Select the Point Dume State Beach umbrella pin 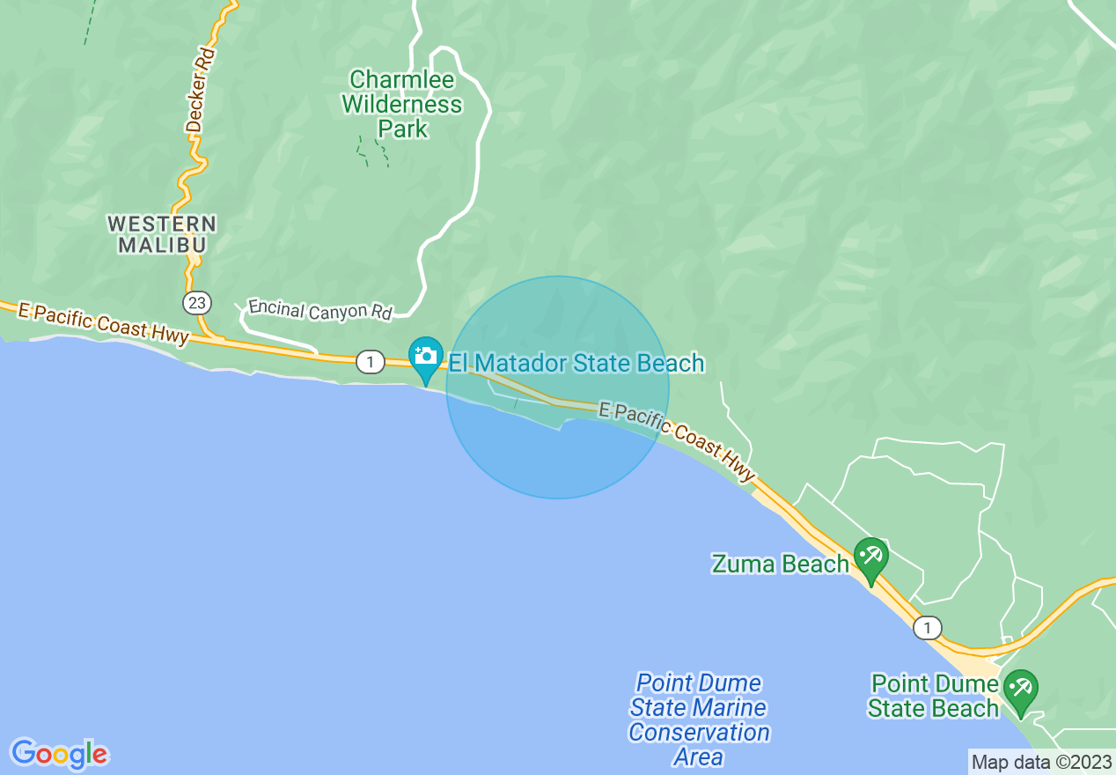[1020, 689]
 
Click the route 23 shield [197, 303]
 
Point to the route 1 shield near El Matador [371, 362]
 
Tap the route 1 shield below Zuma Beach [927, 628]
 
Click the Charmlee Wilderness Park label [401, 105]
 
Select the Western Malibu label [163, 233]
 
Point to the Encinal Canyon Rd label [319, 309]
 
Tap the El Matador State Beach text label [576, 363]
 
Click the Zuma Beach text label [780, 564]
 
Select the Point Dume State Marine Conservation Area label [700, 720]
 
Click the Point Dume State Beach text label [934, 696]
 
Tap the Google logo [60, 754]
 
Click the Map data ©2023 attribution [1041, 762]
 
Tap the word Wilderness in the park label [401, 105]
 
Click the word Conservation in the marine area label [700, 732]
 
